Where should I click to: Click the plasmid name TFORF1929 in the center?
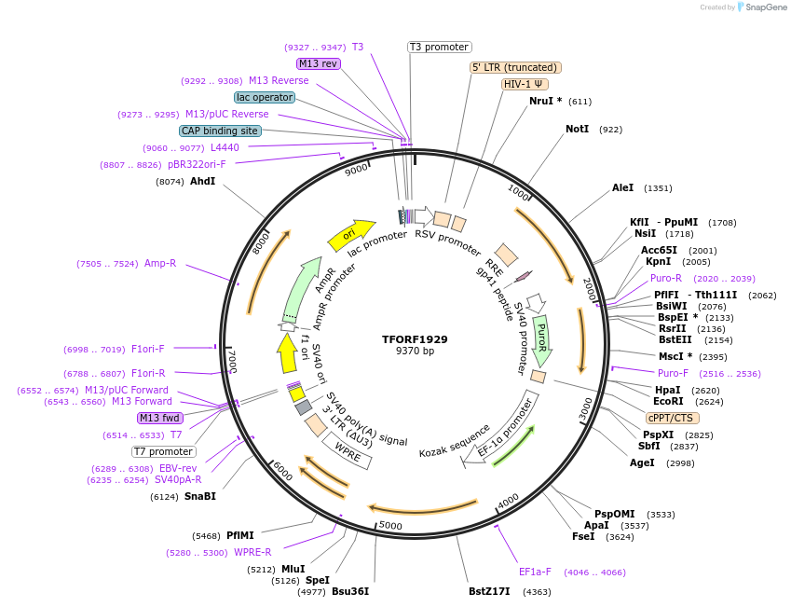(415, 339)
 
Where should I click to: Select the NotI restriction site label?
(578, 129)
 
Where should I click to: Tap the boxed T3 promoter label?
(440, 48)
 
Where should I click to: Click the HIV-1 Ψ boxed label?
(524, 84)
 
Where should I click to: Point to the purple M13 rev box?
(319, 63)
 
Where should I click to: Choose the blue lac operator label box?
(265, 97)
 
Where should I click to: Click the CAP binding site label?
(220, 131)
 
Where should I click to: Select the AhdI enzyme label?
(202, 181)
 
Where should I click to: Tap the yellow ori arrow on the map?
(350, 234)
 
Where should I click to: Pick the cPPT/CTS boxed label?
(669, 418)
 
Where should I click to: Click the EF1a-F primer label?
(535, 573)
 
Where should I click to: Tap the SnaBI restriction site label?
(199, 496)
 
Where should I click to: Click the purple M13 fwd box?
(159, 418)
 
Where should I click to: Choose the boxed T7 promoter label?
(163, 451)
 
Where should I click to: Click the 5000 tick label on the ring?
(390, 526)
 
